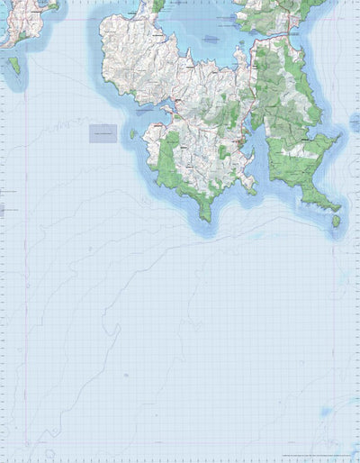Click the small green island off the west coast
(x=14, y=66)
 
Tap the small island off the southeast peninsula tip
(x=336, y=220)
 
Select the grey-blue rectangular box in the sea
(x=103, y=133)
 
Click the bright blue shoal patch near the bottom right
(x=323, y=412)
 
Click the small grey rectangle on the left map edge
(x=2, y=209)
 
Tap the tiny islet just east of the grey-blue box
(x=132, y=134)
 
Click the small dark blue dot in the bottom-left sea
(x=126, y=375)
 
